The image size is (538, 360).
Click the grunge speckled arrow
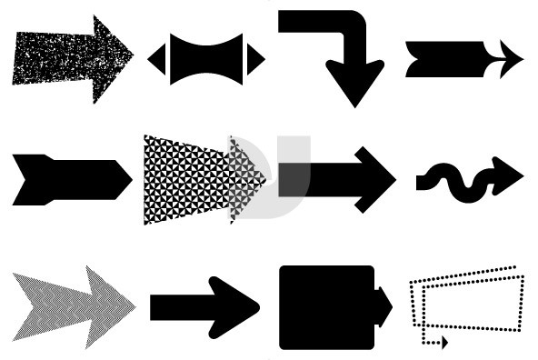pos(68,56)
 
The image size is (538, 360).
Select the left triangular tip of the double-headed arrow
pos(156,58)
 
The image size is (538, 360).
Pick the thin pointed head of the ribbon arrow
pos(507,59)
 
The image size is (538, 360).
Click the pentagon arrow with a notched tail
pos(68,178)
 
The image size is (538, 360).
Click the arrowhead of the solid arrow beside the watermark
pos(373,178)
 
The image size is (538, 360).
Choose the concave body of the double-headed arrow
pos(204,58)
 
